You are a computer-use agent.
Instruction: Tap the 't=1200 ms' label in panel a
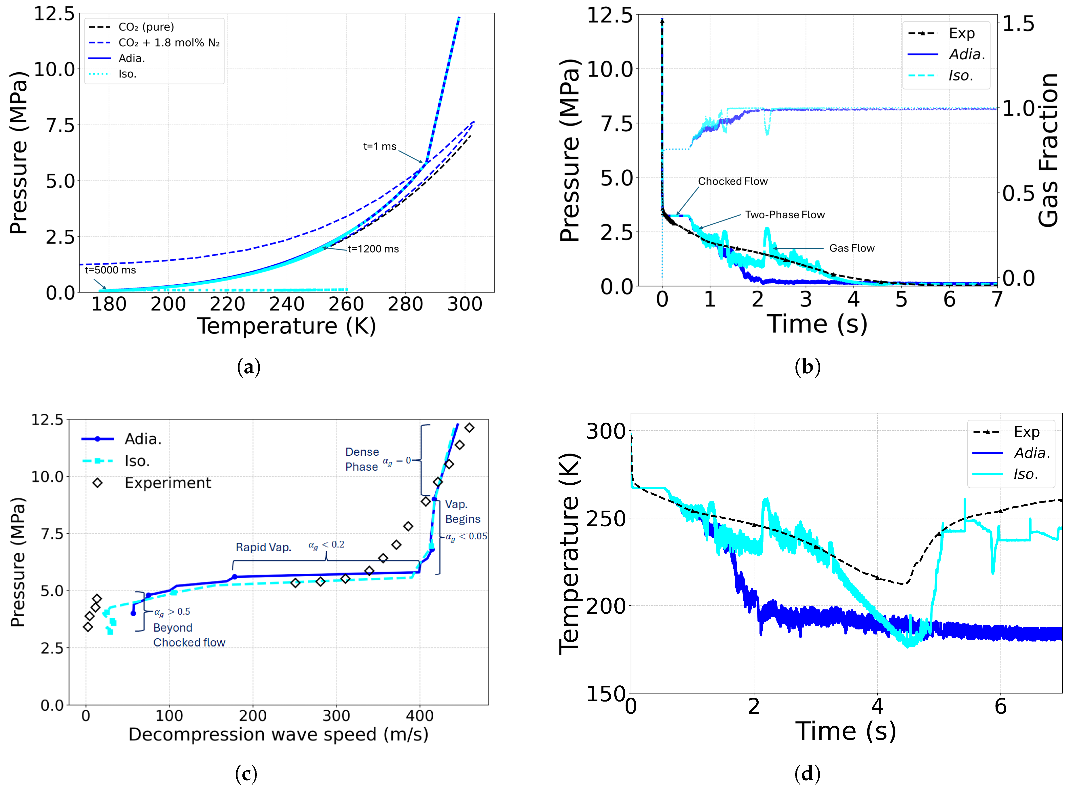coord(373,249)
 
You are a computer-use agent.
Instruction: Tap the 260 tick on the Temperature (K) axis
coord(346,304)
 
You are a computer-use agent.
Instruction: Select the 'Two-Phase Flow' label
coord(784,215)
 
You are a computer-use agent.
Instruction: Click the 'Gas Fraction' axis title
coord(1049,150)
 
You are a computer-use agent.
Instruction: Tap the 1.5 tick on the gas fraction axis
coord(1019,24)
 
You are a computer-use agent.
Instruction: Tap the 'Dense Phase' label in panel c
coord(362,459)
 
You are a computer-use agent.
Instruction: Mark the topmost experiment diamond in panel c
coord(470,427)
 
